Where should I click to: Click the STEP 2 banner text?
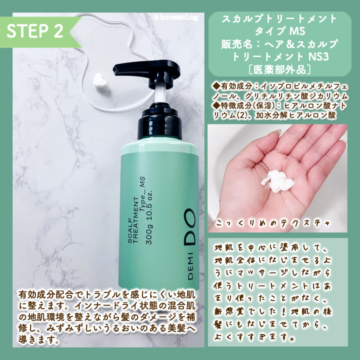[35, 30]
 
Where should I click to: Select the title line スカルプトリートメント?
[278, 20]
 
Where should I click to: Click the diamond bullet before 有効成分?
[216, 85]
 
